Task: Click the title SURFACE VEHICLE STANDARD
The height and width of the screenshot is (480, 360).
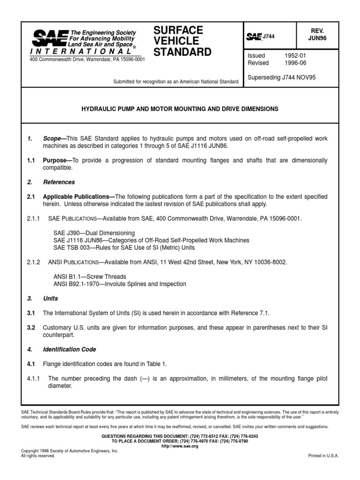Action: click(182, 41)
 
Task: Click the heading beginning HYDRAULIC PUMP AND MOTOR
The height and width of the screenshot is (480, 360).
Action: click(180, 109)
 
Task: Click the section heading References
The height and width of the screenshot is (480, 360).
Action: click(59, 182)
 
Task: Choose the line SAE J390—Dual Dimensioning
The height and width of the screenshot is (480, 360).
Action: click(94, 233)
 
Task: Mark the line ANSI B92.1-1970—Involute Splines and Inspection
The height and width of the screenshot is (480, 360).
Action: click(120, 284)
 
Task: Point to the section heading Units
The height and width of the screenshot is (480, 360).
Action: click(51, 298)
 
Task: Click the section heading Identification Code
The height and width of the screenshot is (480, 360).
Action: click(69, 349)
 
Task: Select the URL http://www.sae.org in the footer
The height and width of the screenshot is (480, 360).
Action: click(180, 446)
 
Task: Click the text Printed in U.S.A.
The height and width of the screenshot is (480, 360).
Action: click(323, 455)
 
